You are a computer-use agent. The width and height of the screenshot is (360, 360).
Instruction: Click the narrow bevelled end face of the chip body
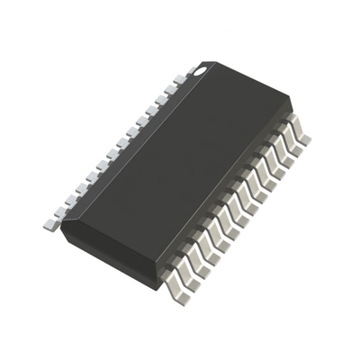pyautogui.click(x=109, y=253)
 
